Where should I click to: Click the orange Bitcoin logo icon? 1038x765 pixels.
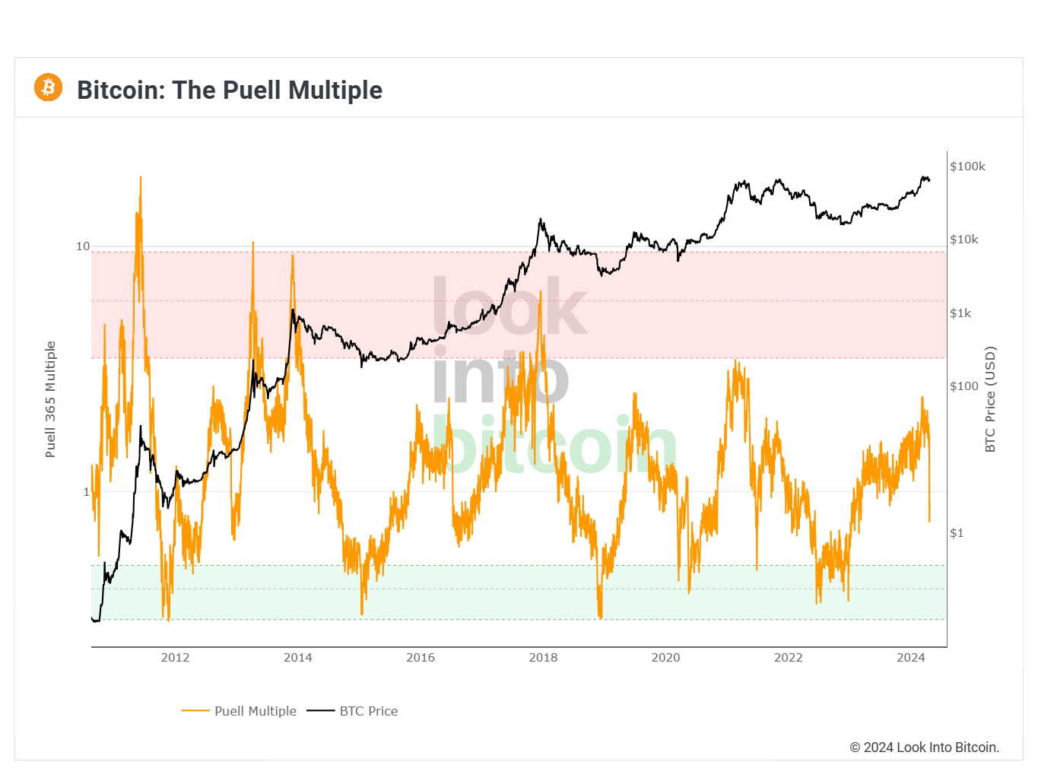pyautogui.click(x=48, y=87)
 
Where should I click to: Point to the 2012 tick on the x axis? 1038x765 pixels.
pyautogui.click(x=175, y=658)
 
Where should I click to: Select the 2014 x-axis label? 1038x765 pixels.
pyautogui.click(x=297, y=658)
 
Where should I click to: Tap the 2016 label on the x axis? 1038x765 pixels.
pyautogui.click(x=421, y=658)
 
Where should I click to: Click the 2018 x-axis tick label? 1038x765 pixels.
pyautogui.click(x=543, y=658)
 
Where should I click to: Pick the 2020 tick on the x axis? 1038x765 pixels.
pyautogui.click(x=665, y=658)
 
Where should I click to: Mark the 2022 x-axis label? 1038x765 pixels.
pyautogui.click(x=788, y=658)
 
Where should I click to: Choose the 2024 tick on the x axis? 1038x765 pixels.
pyautogui.click(x=910, y=658)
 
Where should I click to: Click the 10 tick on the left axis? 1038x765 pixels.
pyautogui.click(x=83, y=246)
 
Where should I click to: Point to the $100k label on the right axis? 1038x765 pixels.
pyautogui.click(x=967, y=167)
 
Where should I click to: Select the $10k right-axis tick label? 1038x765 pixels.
pyautogui.click(x=964, y=240)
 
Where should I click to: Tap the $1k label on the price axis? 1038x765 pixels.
pyautogui.click(x=960, y=313)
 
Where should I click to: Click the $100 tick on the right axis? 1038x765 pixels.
pyautogui.click(x=964, y=386)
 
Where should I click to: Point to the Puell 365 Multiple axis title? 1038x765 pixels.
pyautogui.click(x=50, y=399)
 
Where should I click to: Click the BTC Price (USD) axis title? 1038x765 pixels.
pyautogui.click(x=990, y=399)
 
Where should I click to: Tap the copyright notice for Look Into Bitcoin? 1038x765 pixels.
pyautogui.click(x=924, y=748)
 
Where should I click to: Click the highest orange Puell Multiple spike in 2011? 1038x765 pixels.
pyautogui.click(x=140, y=179)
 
